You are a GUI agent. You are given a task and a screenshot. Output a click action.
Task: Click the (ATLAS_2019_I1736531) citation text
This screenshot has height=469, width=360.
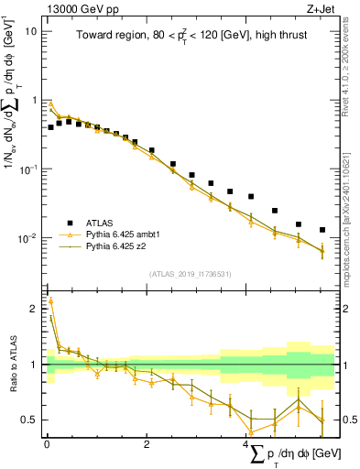pos(189,274)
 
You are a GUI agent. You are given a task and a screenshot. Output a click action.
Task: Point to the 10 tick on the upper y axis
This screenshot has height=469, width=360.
pos(30,31)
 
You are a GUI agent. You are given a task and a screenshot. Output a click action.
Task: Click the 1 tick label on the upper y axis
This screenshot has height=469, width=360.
pos(34,100)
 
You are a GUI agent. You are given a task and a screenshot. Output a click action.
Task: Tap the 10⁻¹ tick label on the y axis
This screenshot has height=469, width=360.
pos(28,169)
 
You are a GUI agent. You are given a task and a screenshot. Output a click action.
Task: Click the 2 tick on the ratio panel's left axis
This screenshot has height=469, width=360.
pos(34,309)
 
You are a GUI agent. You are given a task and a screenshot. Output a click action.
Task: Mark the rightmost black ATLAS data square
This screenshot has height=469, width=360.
pos(322,230)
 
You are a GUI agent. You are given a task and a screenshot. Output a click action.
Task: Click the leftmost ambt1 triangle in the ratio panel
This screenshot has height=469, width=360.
pos(51,300)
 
